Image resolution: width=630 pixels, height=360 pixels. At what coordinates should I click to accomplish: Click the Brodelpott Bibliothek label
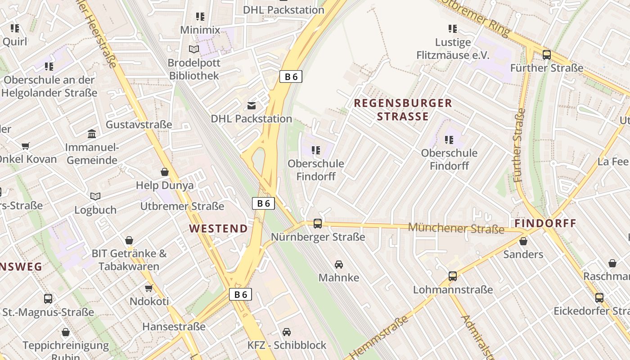tap(194, 69)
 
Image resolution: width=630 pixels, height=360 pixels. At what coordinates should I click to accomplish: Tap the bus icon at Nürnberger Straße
tap(318, 223)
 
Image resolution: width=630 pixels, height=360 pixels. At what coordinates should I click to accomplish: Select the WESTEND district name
tap(218, 229)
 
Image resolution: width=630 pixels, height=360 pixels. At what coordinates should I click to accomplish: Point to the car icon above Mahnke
tap(339, 265)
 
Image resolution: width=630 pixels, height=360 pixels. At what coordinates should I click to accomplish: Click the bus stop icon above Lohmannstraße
tap(453, 276)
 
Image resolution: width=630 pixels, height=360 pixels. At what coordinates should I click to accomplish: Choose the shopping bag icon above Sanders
tap(523, 241)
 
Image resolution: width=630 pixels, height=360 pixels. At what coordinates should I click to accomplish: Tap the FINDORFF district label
tap(545, 223)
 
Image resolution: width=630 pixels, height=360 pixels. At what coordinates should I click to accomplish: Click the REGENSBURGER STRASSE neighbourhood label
tap(403, 110)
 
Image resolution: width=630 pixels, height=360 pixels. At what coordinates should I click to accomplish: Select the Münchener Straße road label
tap(456, 228)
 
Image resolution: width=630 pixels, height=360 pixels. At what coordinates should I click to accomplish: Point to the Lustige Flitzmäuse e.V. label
tap(453, 49)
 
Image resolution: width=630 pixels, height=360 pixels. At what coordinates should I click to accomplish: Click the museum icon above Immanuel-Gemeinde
tap(92, 134)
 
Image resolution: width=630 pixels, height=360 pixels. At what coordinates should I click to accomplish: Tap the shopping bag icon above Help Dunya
tap(165, 172)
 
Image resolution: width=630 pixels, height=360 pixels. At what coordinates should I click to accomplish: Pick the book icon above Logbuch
tap(95, 196)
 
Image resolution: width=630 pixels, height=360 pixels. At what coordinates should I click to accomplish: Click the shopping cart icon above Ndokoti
tap(149, 288)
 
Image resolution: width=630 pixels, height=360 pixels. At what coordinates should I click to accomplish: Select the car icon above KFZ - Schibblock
tap(287, 332)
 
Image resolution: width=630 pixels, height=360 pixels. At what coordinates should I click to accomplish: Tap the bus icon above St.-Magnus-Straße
tap(48, 298)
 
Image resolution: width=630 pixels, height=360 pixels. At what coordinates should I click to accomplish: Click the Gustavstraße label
tap(139, 124)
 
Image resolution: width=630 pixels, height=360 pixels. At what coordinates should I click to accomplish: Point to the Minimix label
tap(200, 30)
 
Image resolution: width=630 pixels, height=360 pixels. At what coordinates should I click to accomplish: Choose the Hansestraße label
tap(174, 326)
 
